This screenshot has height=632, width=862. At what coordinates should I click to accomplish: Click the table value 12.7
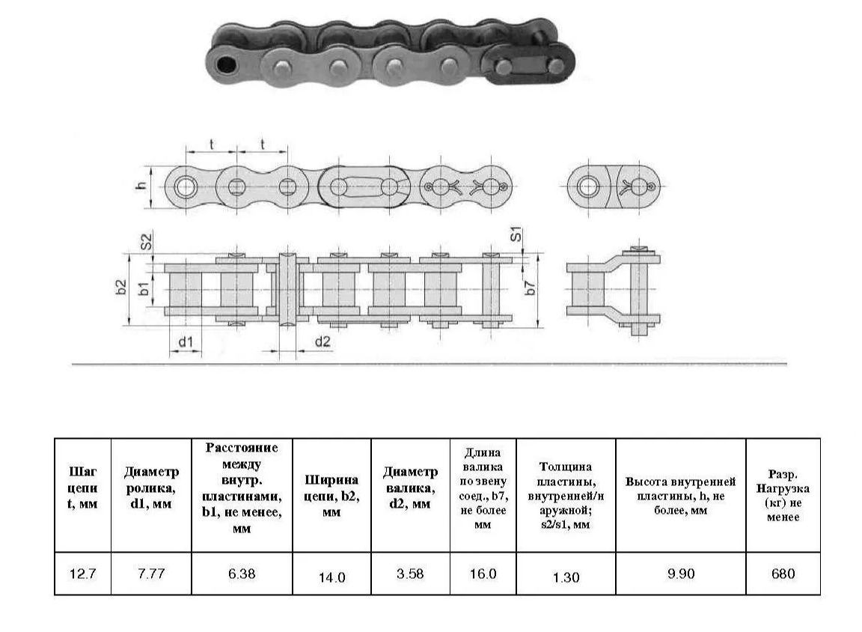(x=82, y=574)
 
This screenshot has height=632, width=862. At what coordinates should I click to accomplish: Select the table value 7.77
(x=151, y=574)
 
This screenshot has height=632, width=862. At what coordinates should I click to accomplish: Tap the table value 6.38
(x=242, y=574)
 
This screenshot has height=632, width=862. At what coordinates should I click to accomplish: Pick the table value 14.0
(x=332, y=577)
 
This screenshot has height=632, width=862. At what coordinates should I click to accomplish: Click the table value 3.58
(x=410, y=574)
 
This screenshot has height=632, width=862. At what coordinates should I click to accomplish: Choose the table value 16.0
(x=483, y=574)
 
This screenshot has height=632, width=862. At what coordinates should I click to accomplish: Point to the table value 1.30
(x=566, y=577)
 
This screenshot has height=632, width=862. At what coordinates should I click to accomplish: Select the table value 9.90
(x=681, y=574)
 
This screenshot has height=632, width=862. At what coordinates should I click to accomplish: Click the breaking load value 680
(x=783, y=574)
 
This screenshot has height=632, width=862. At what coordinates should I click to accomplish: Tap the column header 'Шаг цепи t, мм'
(x=82, y=488)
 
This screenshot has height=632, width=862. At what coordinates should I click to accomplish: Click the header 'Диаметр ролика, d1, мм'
(x=151, y=488)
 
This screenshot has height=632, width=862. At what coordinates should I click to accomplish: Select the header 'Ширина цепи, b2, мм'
(x=332, y=496)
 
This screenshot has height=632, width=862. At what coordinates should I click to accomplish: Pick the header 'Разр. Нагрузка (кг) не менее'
(x=783, y=495)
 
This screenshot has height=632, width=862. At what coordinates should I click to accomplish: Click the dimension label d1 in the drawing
(x=186, y=342)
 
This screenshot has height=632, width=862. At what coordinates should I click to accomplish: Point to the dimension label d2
(x=323, y=341)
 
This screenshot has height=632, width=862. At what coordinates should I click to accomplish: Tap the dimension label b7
(x=530, y=288)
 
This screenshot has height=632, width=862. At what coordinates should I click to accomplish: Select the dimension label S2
(x=146, y=241)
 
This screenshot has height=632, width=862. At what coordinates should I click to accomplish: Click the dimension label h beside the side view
(x=142, y=186)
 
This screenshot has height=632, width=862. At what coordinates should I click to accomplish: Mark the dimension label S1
(x=516, y=234)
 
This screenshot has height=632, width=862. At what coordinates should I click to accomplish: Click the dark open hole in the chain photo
(x=226, y=65)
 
